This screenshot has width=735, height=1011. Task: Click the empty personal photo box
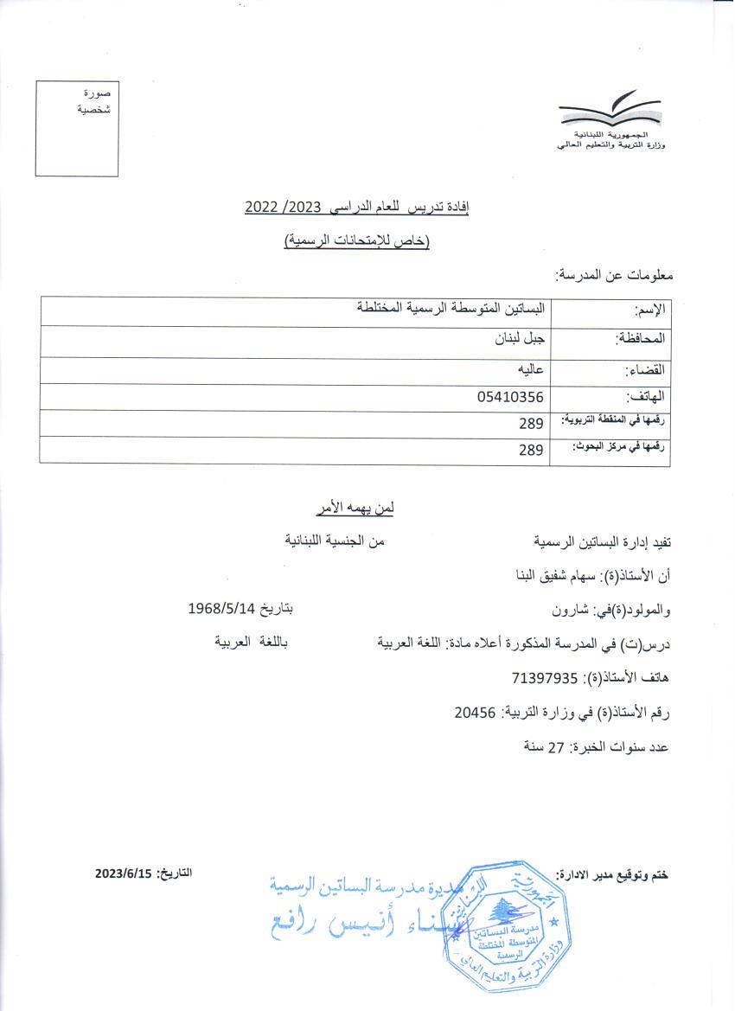click(x=77, y=128)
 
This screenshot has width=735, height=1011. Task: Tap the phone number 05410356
click(x=510, y=398)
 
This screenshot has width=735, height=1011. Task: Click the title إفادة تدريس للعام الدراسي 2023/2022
click(x=356, y=207)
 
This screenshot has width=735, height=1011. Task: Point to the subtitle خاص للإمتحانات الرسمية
click(x=357, y=241)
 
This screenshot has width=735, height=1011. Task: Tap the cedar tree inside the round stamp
click(x=499, y=910)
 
